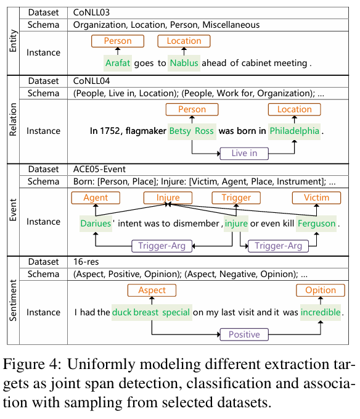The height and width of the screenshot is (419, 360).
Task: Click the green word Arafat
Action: tap(118, 63)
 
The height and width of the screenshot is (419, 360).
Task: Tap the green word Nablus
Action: tap(184, 63)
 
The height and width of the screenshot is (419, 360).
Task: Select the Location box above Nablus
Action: tap(184, 41)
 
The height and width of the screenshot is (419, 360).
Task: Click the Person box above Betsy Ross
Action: tap(192, 109)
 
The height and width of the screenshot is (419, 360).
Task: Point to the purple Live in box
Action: tap(244, 154)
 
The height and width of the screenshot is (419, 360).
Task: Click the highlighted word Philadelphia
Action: tap(295, 131)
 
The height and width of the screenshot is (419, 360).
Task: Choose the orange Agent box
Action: tap(96, 197)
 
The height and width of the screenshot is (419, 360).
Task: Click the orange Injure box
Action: tap(168, 197)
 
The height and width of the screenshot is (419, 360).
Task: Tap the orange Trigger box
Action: tap(236, 197)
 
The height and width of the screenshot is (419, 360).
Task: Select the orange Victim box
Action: tap(316, 197)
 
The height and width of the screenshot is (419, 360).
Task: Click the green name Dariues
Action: tap(96, 223)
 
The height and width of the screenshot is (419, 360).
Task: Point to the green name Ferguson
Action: tap(316, 223)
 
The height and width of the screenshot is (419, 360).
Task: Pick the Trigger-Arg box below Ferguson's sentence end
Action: tap(279, 246)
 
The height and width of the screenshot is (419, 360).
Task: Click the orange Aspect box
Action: tap(152, 290)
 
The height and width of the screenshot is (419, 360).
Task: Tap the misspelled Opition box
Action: tap(321, 290)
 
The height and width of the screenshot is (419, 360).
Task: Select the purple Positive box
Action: tap(244, 334)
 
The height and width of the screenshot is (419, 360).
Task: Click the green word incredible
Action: tap(321, 312)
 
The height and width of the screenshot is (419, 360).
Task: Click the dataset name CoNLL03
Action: tap(91, 12)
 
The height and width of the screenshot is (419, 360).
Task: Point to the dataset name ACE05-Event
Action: tap(99, 169)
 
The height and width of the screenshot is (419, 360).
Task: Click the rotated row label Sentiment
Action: tap(13, 300)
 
